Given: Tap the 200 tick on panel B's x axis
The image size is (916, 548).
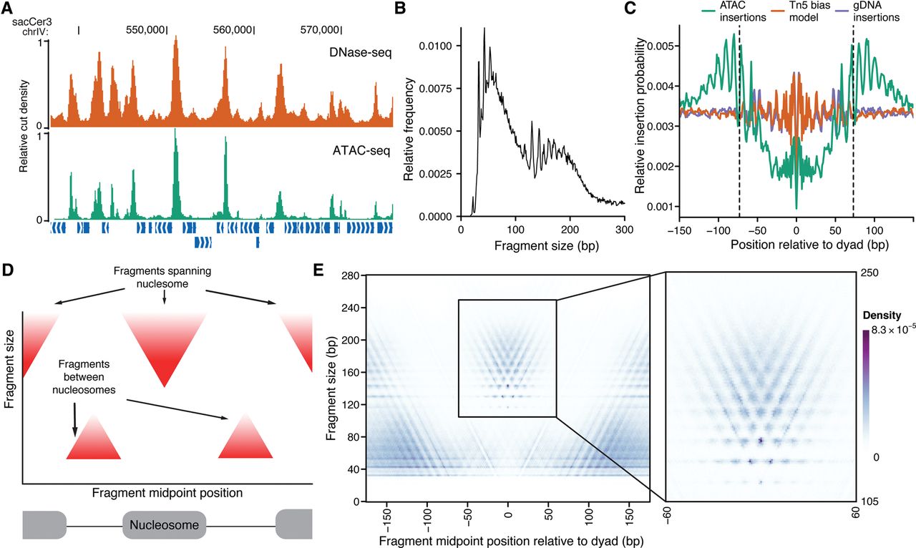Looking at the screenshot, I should pyautogui.click(x=570, y=229).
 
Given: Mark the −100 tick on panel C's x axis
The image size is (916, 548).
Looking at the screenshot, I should pyautogui.click(x=716, y=229).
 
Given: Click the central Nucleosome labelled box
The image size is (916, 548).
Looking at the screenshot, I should pyautogui.click(x=164, y=525).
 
